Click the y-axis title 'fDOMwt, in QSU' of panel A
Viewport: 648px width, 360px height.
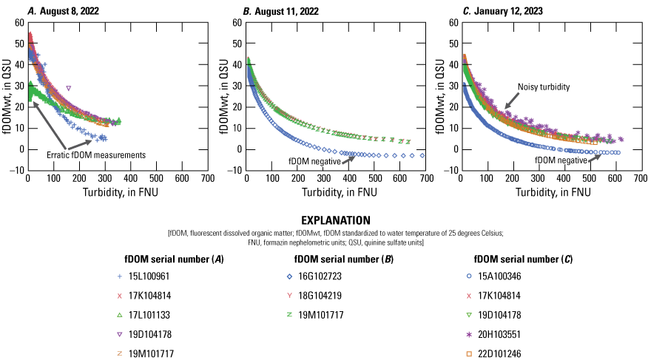tap(7, 97)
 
